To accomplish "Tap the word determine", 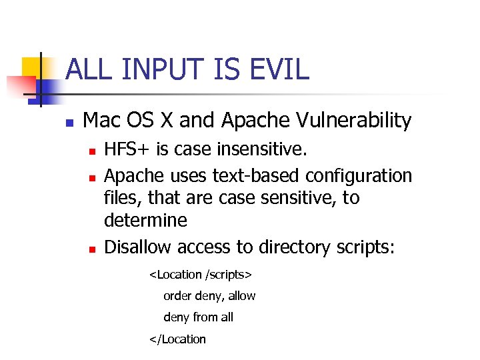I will click(146, 220).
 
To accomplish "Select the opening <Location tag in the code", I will click(175, 274).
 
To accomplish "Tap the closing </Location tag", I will click(177, 339).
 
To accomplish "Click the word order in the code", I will click(177, 295).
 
